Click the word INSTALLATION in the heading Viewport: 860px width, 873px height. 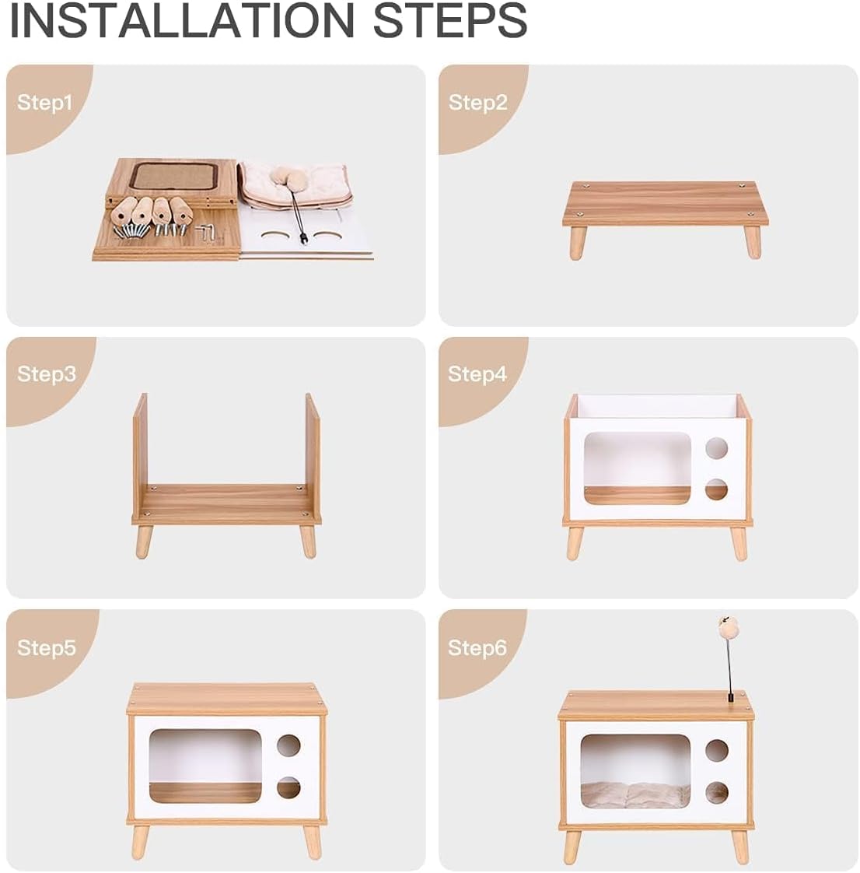tap(181, 20)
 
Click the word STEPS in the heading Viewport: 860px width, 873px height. tap(450, 20)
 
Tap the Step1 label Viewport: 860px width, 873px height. tap(44, 103)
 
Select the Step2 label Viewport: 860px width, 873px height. tap(478, 103)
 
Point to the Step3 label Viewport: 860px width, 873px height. tap(46, 374)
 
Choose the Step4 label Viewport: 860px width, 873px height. tap(477, 374)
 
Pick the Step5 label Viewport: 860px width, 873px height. tap(46, 647)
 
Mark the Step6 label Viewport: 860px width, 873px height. tap(477, 647)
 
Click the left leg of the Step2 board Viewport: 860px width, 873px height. tap(578, 243)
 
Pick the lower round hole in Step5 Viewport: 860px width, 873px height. tap(288, 788)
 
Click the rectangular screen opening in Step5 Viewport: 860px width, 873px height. tap(205, 766)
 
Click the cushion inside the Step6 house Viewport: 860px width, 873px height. tap(635, 794)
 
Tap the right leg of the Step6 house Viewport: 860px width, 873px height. tap(739, 847)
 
